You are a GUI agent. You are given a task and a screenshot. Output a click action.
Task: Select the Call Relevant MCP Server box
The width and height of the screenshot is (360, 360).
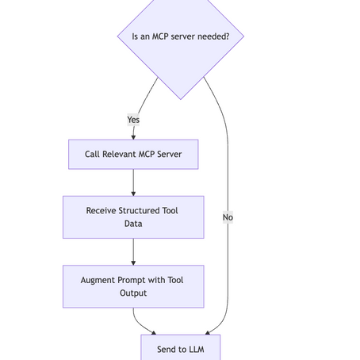pos(133,155)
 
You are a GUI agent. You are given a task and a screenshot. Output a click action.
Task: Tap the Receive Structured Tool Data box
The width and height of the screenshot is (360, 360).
pos(133,217)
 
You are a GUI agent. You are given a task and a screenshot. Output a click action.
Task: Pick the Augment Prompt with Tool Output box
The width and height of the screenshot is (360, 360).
pos(133,286)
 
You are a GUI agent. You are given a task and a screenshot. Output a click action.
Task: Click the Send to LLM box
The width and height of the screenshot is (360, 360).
pos(180,349)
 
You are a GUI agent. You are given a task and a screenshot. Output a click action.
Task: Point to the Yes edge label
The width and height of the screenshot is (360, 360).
pos(133,120)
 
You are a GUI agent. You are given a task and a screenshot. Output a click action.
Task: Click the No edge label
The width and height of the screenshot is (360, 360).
pos(228,217)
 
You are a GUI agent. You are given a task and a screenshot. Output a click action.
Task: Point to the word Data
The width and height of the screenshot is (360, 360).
pos(133,224)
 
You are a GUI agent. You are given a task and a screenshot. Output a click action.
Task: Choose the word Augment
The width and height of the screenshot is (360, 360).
pos(98,280)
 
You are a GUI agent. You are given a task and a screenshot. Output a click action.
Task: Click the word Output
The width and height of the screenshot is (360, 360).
pos(133,293)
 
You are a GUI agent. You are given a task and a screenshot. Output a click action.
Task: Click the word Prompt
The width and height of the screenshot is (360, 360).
pos(136,280)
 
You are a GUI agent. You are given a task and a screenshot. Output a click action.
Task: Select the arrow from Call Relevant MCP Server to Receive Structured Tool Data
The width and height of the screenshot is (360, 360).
pos(133,182)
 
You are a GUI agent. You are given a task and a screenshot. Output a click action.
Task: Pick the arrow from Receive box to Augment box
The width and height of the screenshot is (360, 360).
pos(133,251)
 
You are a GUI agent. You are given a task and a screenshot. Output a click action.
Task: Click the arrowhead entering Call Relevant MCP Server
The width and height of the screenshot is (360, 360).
pos(133,136)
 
